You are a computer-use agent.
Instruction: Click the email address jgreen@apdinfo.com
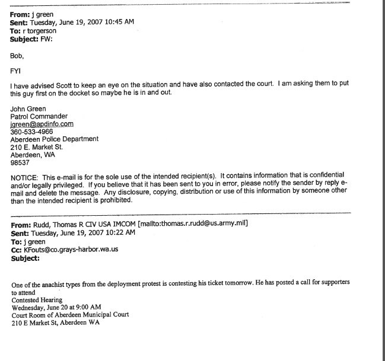41,124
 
